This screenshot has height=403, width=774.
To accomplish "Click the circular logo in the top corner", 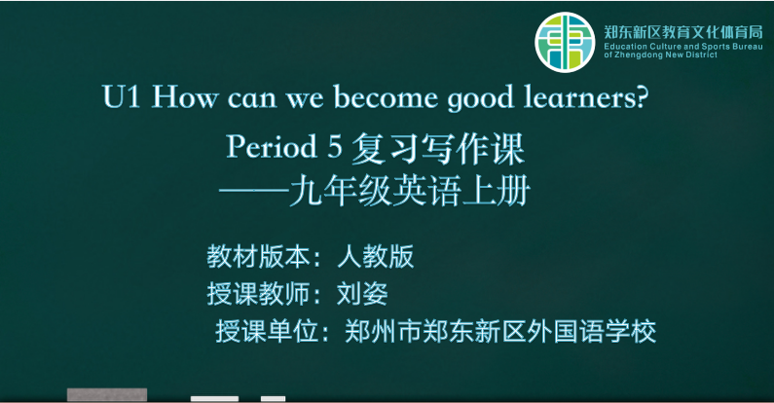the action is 565,43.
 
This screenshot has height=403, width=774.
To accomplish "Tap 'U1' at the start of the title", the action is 122,96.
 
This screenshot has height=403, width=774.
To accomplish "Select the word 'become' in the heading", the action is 386,96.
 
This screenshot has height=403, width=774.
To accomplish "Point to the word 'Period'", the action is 272,146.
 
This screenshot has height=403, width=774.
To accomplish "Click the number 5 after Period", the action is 335,147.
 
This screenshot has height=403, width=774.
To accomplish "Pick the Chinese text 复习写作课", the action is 437,149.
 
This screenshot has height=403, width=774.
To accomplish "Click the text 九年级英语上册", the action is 410,192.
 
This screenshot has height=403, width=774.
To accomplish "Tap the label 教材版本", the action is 258,257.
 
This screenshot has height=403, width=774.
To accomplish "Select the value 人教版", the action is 375,257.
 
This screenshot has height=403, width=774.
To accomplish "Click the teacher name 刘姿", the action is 362,294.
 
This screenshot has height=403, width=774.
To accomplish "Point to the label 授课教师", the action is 258,294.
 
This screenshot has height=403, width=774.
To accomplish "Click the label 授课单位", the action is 267,331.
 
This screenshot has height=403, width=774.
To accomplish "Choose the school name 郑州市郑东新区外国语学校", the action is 500,331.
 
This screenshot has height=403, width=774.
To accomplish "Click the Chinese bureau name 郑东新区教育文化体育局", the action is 683,32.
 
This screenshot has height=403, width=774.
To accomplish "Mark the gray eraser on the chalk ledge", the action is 107,394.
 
